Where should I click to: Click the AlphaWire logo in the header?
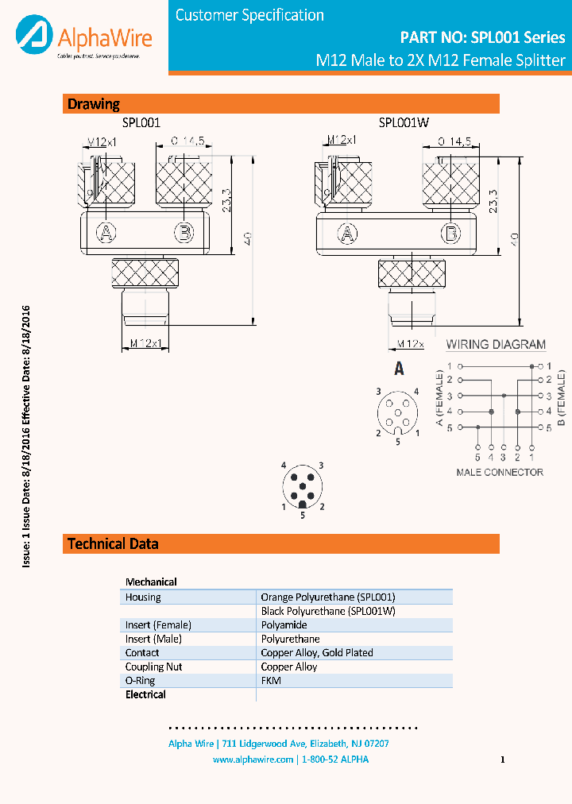pyautogui.click(x=83, y=38)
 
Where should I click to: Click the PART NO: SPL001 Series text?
pyautogui.click(x=481, y=37)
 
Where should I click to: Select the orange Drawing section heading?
pyautogui.click(x=94, y=104)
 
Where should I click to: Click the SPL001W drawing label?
pyautogui.click(x=404, y=122)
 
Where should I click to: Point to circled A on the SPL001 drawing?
pyautogui.click(x=106, y=232)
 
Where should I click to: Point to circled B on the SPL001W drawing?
pyautogui.click(x=451, y=233)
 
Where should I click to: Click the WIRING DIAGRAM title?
pyautogui.click(x=496, y=345)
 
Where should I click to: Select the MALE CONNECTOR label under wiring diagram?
pyautogui.click(x=500, y=472)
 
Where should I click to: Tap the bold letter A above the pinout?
pyautogui.click(x=399, y=369)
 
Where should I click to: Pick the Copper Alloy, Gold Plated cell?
pyautogui.click(x=317, y=652)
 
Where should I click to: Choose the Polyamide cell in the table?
pyautogui.click(x=284, y=625)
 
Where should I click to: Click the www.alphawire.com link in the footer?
pyautogui.click(x=253, y=760)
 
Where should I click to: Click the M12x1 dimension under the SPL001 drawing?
pyautogui.click(x=145, y=343)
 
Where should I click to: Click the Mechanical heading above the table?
pyautogui.click(x=151, y=582)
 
